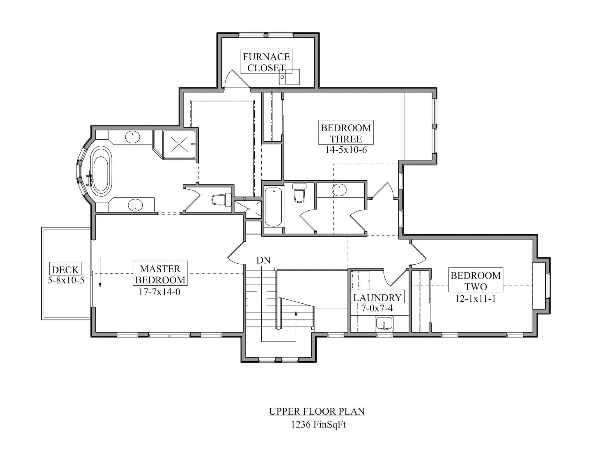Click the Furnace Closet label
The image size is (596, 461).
pyautogui.click(x=266, y=62)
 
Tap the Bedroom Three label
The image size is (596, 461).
pyautogui.click(x=346, y=133)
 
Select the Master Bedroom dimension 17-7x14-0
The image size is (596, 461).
pyautogui.click(x=159, y=292)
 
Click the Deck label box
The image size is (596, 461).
pyautogui.click(x=65, y=269)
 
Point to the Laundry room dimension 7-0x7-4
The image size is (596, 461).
pyautogui.click(x=377, y=308)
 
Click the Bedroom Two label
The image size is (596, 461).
pyautogui.click(x=475, y=281)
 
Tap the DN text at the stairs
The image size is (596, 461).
pyautogui.click(x=263, y=260)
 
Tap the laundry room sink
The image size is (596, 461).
pyautogui.click(x=384, y=324)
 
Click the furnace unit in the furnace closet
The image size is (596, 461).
pyautogui.click(x=289, y=77)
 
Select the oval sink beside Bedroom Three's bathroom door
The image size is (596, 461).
pyautogui.click(x=339, y=190)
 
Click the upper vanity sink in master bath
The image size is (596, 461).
pyautogui.click(x=133, y=137)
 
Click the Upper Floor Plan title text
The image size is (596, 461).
pyautogui.click(x=317, y=411)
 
